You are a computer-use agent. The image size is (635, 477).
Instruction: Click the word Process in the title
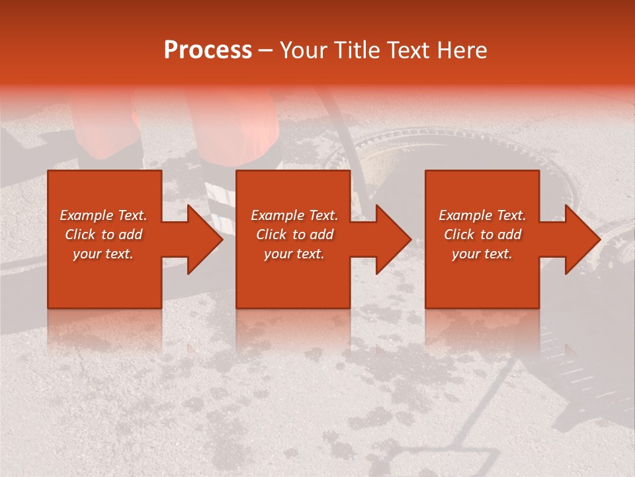pyautogui.click(x=208, y=50)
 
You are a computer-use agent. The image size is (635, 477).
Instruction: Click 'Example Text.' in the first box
pyautogui.click(x=103, y=215)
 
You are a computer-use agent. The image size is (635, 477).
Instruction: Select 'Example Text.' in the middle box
pyautogui.click(x=294, y=215)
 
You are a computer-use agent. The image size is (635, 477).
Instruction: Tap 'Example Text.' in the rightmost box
pyautogui.click(x=482, y=215)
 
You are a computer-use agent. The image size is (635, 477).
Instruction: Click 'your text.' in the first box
pyautogui.click(x=103, y=254)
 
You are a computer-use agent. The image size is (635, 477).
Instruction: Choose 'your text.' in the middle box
pyautogui.click(x=294, y=254)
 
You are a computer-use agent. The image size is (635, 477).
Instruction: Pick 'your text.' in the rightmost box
pyautogui.click(x=482, y=254)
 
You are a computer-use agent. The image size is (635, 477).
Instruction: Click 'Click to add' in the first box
pyautogui.click(x=103, y=235)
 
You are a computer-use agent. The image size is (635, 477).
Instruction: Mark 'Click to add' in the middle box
pyautogui.click(x=294, y=235)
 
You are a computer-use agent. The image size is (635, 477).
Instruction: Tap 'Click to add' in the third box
pyautogui.click(x=482, y=235)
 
